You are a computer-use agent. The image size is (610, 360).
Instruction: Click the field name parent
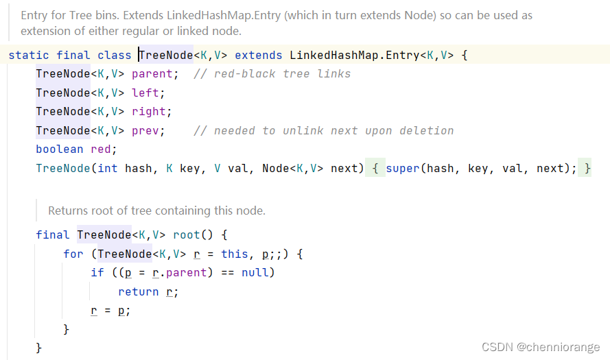(155, 73)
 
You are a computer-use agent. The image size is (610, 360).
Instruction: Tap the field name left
(148, 93)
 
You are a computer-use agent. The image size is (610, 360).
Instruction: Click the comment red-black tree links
(272, 73)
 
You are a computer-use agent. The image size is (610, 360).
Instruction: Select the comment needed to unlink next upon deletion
(324, 130)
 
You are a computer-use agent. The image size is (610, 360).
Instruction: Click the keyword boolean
(60, 149)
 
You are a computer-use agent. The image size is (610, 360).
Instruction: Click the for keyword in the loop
(73, 254)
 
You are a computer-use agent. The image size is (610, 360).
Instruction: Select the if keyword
(97, 272)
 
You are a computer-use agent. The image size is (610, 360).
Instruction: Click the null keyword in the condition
(258, 272)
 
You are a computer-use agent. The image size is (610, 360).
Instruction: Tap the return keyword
(139, 291)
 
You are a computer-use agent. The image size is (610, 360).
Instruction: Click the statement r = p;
(110, 310)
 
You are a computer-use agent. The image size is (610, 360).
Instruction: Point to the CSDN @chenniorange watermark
(541, 347)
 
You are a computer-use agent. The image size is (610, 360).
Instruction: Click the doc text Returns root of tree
(156, 211)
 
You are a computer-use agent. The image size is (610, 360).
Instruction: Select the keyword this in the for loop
(235, 254)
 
